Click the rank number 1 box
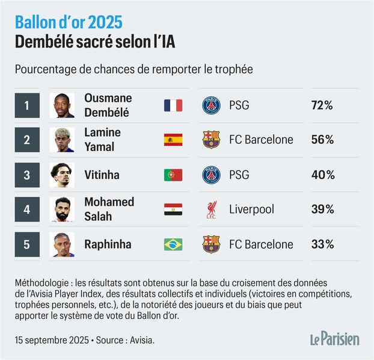(x=26, y=105)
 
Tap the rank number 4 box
(x=26, y=209)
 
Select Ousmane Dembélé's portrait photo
(x=62, y=105)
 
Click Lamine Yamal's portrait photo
(x=62, y=140)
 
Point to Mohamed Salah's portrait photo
(x=62, y=209)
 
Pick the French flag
(x=173, y=106)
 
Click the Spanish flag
(x=173, y=140)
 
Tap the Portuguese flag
(x=173, y=175)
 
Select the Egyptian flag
(x=173, y=209)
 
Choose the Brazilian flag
(x=173, y=244)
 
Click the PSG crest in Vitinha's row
(x=211, y=175)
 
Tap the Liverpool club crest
(x=211, y=209)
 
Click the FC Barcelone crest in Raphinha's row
(x=211, y=244)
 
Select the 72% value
(x=322, y=106)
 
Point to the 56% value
(x=322, y=140)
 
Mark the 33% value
(x=322, y=244)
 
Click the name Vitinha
(x=102, y=175)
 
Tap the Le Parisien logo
(x=334, y=339)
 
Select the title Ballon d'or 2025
(x=69, y=23)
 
